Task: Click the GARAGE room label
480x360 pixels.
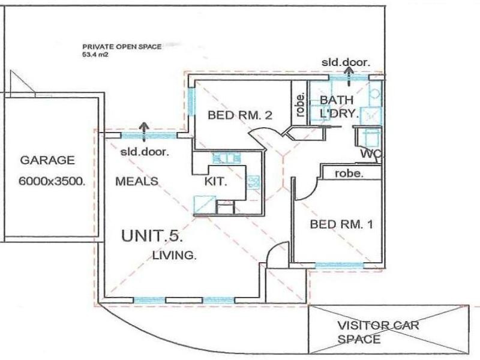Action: (47, 160)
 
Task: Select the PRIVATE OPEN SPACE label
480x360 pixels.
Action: (122, 46)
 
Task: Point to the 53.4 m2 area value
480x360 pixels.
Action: (97, 54)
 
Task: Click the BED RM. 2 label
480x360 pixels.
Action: (240, 116)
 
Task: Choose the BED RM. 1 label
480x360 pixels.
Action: (342, 225)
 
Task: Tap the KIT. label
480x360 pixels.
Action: (215, 181)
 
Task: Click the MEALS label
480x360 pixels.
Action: (136, 181)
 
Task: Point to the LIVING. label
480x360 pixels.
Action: (174, 256)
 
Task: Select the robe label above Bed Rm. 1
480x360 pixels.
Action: (349, 173)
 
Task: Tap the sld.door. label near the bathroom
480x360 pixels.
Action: (346, 61)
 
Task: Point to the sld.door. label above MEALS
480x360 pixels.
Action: (145, 151)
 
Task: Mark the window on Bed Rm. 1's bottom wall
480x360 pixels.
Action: (340, 265)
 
